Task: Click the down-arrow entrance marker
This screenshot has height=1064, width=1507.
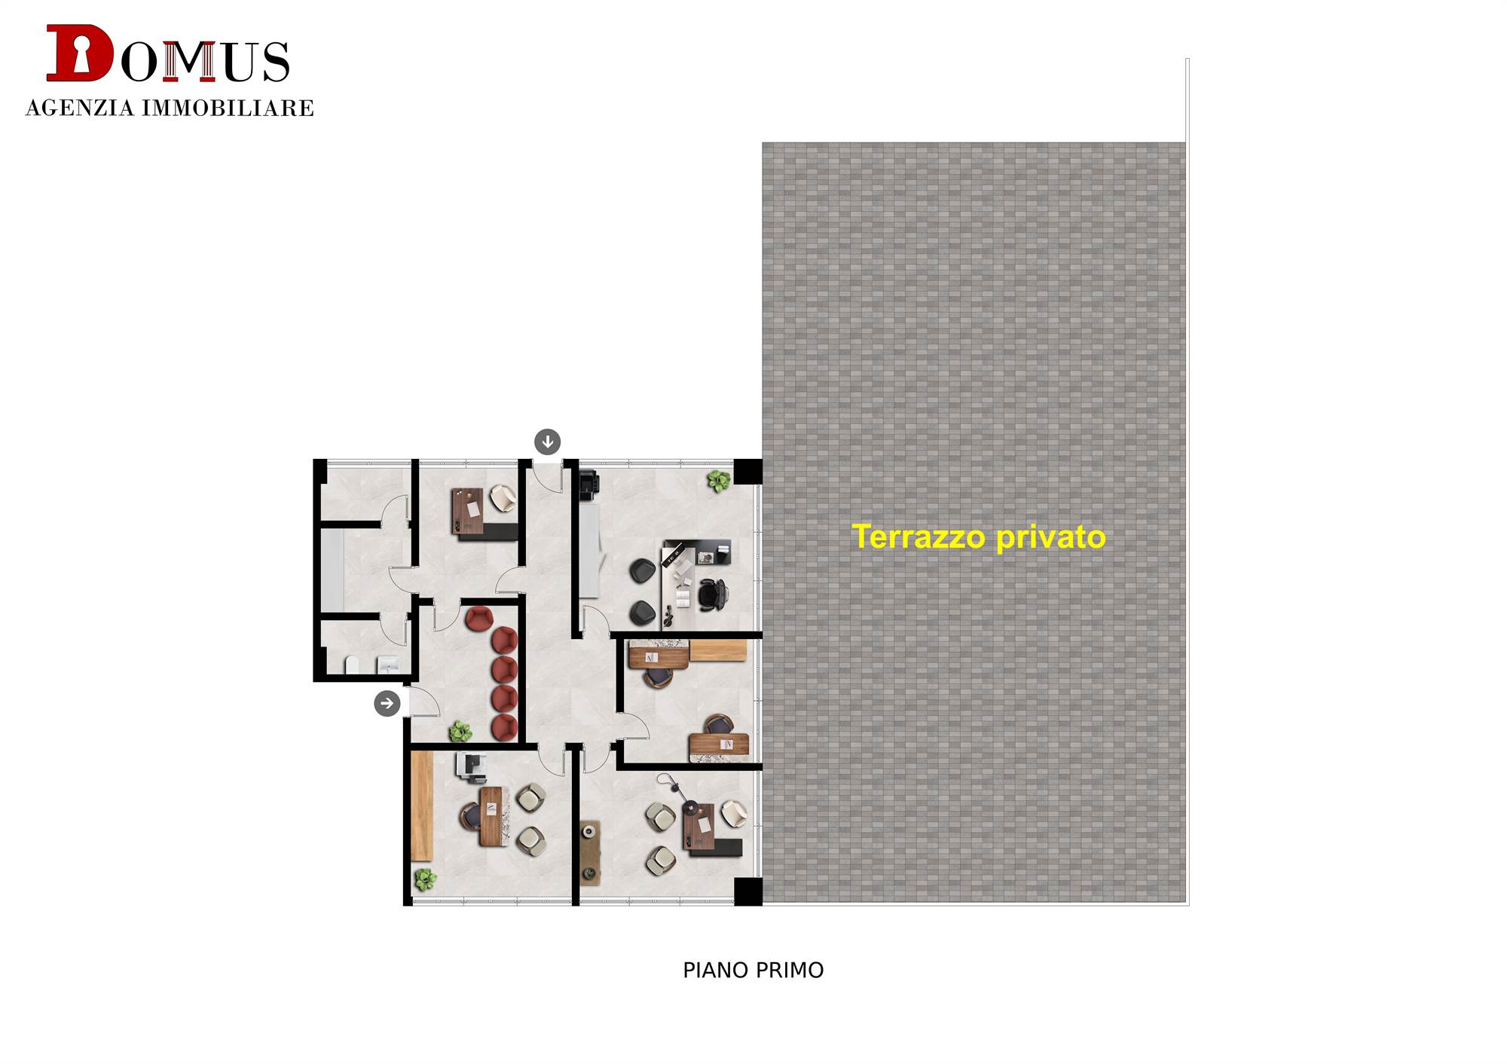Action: [548, 442]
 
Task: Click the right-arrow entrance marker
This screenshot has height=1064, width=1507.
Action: [387, 704]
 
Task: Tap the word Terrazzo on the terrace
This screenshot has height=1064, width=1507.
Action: [919, 537]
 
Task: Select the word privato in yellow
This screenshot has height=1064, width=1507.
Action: [1051, 538]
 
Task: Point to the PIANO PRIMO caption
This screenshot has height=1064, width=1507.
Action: [753, 971]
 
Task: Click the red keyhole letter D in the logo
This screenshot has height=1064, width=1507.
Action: [79, 53]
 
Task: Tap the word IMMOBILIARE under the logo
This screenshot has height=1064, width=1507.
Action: [228, 109]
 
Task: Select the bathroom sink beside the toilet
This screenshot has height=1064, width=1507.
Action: [387, 665]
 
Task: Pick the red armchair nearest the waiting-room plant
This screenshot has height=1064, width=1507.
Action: [504, 727]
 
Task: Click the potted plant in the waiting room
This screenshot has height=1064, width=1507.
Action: [460, 731]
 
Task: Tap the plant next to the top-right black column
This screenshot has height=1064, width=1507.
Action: [719, 481]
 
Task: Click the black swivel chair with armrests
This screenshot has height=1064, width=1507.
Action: [712, 595]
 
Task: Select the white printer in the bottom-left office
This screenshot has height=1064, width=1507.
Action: [471, 766]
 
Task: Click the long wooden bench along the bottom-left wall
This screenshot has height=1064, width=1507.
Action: [422, 806]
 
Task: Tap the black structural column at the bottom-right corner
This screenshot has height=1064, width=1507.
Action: [748, 891]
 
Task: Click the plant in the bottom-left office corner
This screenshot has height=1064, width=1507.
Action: [425, 879]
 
